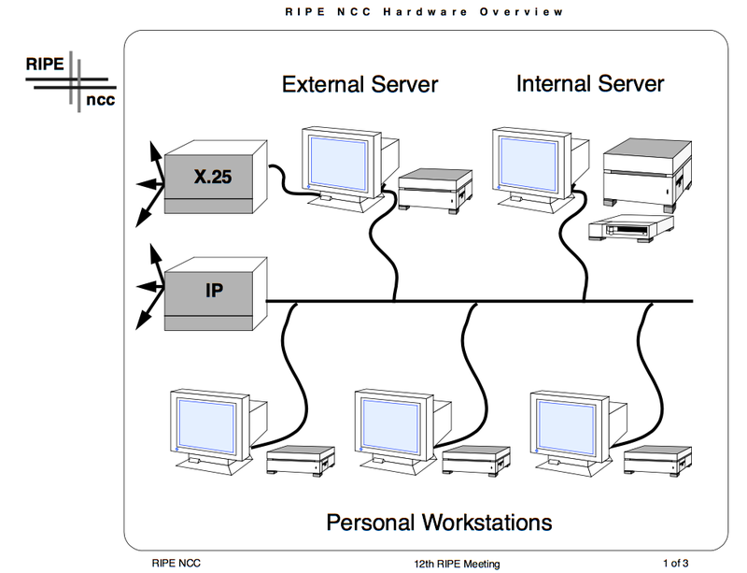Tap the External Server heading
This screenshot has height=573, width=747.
pyautogui.click(x=359, y=84)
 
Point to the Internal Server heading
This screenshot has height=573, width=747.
pyautogui.click(x=590, y=83)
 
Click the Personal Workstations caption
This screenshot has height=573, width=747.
pyautogui.click(x=439, y=521)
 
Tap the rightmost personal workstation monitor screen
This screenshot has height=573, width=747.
pyautogui.click(x=562, y=422)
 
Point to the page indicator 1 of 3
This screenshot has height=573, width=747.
pyautogui.click(x=675, y=563)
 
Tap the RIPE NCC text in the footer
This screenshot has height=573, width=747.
pyautogui.click(x=176, y=563)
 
